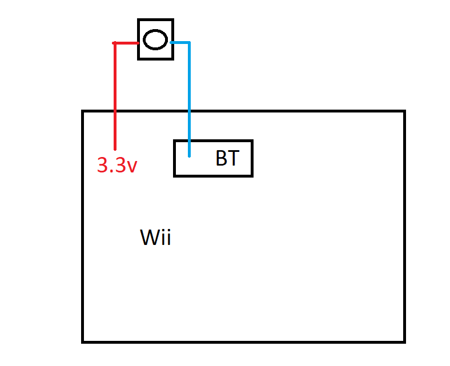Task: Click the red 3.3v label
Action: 117,165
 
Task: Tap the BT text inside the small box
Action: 227,158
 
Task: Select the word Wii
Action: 155,237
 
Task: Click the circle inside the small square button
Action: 155,39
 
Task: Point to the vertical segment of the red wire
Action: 115,96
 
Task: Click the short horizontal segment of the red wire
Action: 126,43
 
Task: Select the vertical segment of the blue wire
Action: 189,99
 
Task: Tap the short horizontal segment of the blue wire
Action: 180,43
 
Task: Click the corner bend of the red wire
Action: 115,43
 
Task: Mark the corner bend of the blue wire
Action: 189,43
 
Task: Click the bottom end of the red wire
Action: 115,149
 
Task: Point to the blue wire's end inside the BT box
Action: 189,156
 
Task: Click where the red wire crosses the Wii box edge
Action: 115,111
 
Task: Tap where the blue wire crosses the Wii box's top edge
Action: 189,111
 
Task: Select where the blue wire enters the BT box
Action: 189,140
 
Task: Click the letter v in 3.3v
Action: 132,167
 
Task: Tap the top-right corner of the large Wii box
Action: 405,111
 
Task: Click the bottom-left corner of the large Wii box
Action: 83,342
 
